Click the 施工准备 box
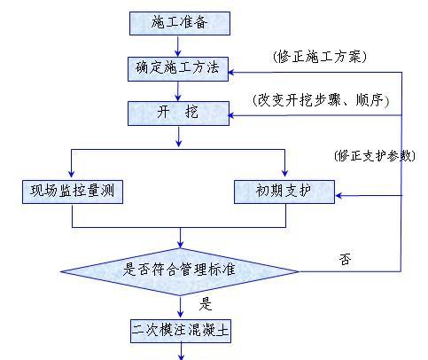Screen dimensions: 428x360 point(180,23)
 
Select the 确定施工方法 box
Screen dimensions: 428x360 point(178,69)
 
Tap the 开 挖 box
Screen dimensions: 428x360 point(178,113)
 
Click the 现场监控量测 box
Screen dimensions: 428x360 point(73,192)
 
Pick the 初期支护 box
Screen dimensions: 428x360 point(284,192)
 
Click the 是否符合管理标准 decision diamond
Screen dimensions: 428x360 point(180,271)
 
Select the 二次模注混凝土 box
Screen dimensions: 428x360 point(181,331)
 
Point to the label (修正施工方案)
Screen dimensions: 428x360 point(319,56)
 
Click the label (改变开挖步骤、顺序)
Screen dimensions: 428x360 point(321,100)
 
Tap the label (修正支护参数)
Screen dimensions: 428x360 point(375,155)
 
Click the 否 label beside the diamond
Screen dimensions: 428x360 point(345,259)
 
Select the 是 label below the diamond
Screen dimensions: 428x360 point(206,303)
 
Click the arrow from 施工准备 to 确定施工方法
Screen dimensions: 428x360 point(178,46)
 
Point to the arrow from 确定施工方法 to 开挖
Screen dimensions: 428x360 point(178,91)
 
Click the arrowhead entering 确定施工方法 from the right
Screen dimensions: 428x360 point(231,73)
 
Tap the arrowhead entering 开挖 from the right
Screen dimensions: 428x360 point(231,115)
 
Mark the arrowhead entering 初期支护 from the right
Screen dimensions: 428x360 point(339,195)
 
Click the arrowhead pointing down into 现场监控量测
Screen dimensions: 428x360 point(71,174)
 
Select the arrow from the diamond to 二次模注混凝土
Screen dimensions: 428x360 point(180,307)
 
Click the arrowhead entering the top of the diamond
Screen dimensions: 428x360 point(180,244)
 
